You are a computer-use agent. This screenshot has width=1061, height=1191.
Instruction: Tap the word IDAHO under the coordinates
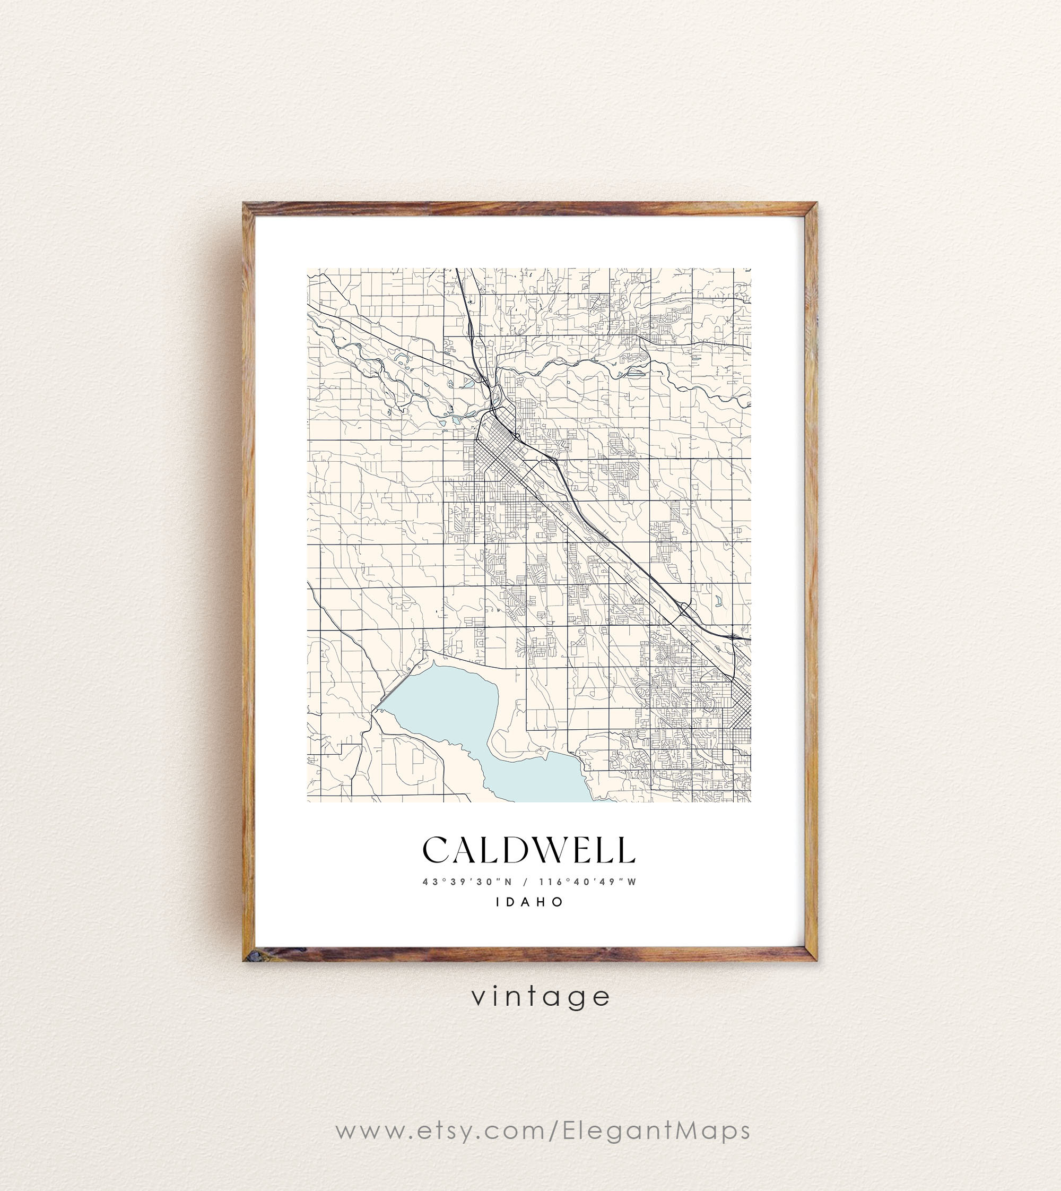pos(530,902)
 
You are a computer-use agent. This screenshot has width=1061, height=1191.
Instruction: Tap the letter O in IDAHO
pos(559,902)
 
